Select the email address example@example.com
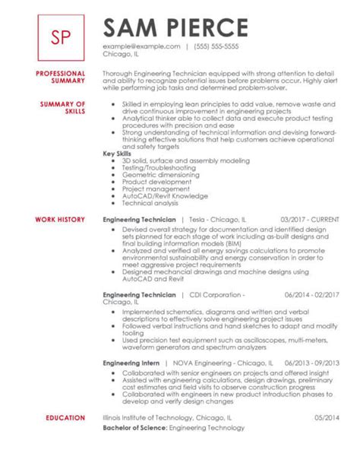(x=141, y=47)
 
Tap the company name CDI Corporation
(x=210, y=294)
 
